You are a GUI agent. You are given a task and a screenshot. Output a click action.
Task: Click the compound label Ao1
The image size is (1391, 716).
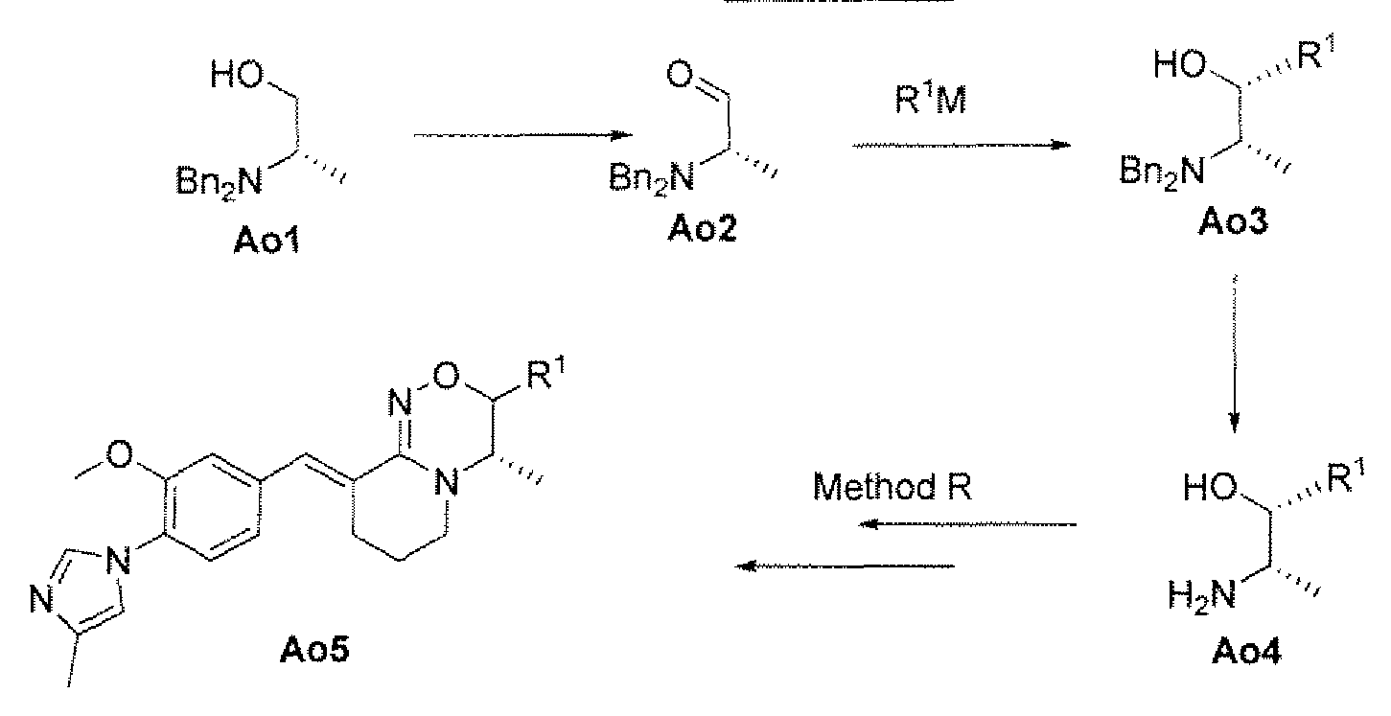click(x=267, y=240)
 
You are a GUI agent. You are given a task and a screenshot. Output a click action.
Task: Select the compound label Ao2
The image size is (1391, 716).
click(x=702, y=228)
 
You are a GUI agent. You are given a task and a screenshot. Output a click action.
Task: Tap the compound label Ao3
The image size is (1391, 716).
click(x=1233, y=220)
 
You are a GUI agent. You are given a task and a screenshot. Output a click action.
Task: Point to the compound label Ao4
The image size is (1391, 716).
click(x=1246, y=652)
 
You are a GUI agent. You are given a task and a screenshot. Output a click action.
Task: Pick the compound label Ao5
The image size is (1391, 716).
click(x=314, y=650)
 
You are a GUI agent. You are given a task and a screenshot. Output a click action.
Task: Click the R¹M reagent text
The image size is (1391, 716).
click(x=930, y=98)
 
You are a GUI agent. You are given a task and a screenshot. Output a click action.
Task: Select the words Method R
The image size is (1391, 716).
click(x=893, y=486)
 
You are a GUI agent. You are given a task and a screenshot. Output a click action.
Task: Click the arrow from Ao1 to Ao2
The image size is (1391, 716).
click(x=522, y=135)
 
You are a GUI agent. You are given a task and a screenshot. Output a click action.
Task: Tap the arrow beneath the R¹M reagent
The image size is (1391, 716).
click(x=962, y=146)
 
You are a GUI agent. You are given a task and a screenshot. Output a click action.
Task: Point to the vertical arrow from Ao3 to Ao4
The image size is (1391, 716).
click(x=1235, y=353)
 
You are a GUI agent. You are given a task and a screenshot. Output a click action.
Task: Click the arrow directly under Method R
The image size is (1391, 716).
click(x=967, y=524)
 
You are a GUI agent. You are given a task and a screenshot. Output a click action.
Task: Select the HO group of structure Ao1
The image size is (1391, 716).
click(x=237, y=75)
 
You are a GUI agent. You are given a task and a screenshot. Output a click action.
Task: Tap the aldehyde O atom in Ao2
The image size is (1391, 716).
click(x=680, y=75)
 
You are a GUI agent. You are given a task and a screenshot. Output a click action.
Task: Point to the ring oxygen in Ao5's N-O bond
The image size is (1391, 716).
click(x=446, y=376)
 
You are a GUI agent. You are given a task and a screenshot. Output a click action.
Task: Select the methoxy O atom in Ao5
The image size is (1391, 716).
click(x=119, y=454)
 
